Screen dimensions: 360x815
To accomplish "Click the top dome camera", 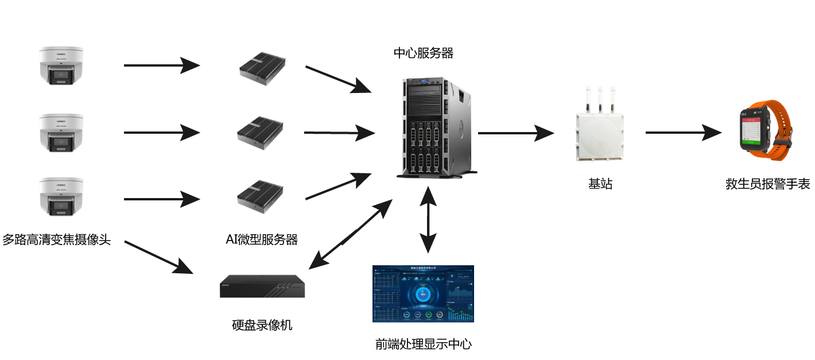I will [61, 66].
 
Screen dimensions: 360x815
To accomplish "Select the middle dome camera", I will [61, 133].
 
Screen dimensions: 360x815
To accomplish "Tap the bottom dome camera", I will [61, 196].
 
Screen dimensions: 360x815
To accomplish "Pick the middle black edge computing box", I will [261, 133].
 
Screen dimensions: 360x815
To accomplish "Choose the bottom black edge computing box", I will [261, 196].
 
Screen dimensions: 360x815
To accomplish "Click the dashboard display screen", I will [423, 293].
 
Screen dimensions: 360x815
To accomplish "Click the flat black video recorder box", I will [262, 287].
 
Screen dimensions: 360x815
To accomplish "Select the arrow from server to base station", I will [515, 133].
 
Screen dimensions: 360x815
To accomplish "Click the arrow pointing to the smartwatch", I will [683, 133].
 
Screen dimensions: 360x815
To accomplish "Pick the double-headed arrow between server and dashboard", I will [428, 220].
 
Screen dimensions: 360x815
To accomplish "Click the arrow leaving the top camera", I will [161, 65].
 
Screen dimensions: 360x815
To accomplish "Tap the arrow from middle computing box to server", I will [339, 133].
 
